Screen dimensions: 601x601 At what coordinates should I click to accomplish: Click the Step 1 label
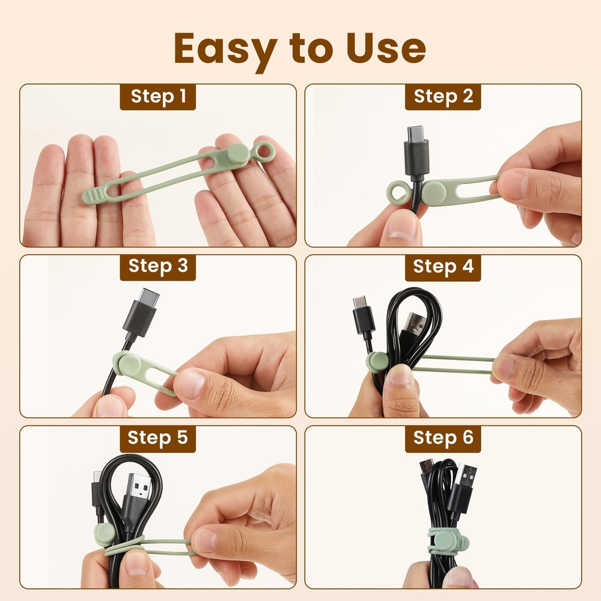click(159, 96)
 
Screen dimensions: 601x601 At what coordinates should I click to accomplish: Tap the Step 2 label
click(444, 96)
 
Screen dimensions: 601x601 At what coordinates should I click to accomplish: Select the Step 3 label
click(159, 267)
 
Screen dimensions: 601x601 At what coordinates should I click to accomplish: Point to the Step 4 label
click(444, 267)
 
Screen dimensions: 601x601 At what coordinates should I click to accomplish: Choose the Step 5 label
click(159, 438)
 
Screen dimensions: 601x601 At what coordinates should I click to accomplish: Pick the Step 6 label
click(444, 438)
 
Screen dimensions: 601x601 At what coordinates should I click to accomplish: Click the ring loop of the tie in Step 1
click(263, 151)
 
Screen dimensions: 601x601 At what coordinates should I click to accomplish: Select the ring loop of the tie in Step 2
click(398, 192)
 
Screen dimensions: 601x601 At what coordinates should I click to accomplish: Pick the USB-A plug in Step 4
click(413, 325)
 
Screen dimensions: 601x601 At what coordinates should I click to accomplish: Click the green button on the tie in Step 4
click(378, 361)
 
